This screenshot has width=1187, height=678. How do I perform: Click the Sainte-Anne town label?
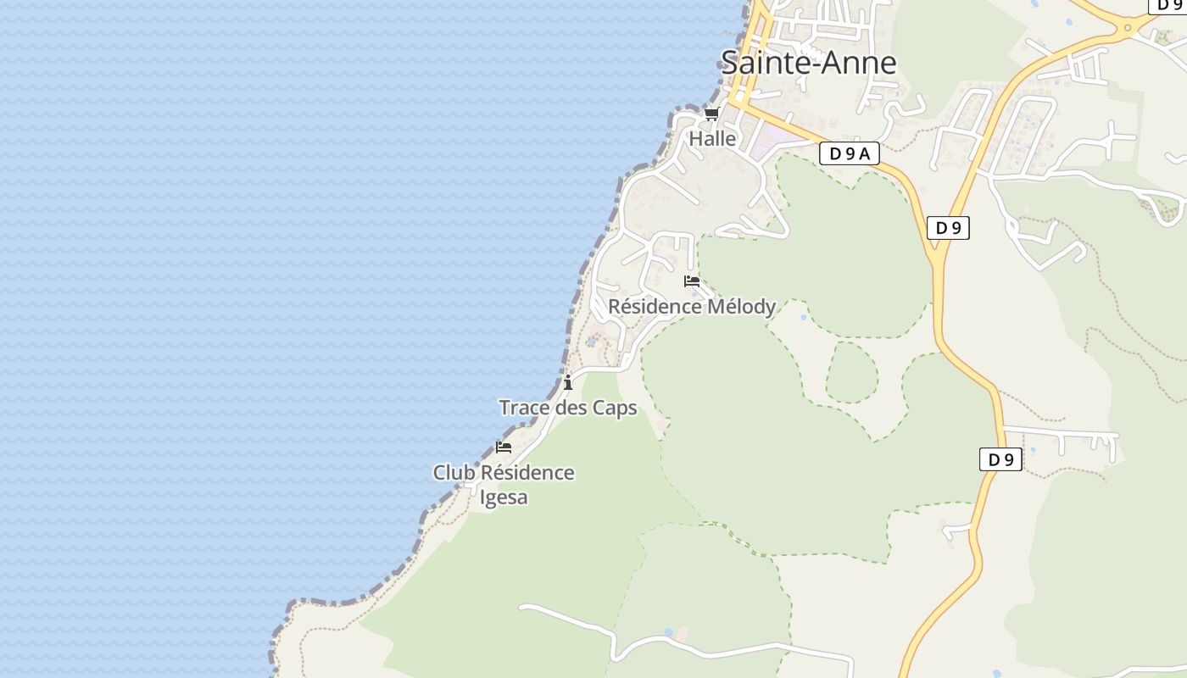[x=808, y=63]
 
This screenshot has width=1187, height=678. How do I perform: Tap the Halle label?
[x=712, y=138]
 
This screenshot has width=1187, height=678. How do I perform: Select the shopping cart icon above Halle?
[x=711, y=114]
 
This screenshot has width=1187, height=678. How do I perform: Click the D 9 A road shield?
[x=849, y=153]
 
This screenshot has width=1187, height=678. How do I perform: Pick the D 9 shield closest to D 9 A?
[x=948, y=227]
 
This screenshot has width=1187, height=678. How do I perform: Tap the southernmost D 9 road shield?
[x=1000, y=459]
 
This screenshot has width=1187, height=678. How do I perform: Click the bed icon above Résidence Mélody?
[x=692, y=281]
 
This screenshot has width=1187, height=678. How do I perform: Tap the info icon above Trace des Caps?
[x=568, y=383]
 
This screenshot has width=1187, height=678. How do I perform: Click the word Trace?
[x=524, y=408]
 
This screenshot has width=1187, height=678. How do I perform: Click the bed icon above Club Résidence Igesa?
[x=504, y=447]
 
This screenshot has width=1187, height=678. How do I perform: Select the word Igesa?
[x=504, y=497]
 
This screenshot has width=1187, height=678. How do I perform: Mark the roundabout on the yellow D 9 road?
[x=1128, y=26]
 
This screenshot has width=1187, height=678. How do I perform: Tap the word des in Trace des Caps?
[x=571, y=408]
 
